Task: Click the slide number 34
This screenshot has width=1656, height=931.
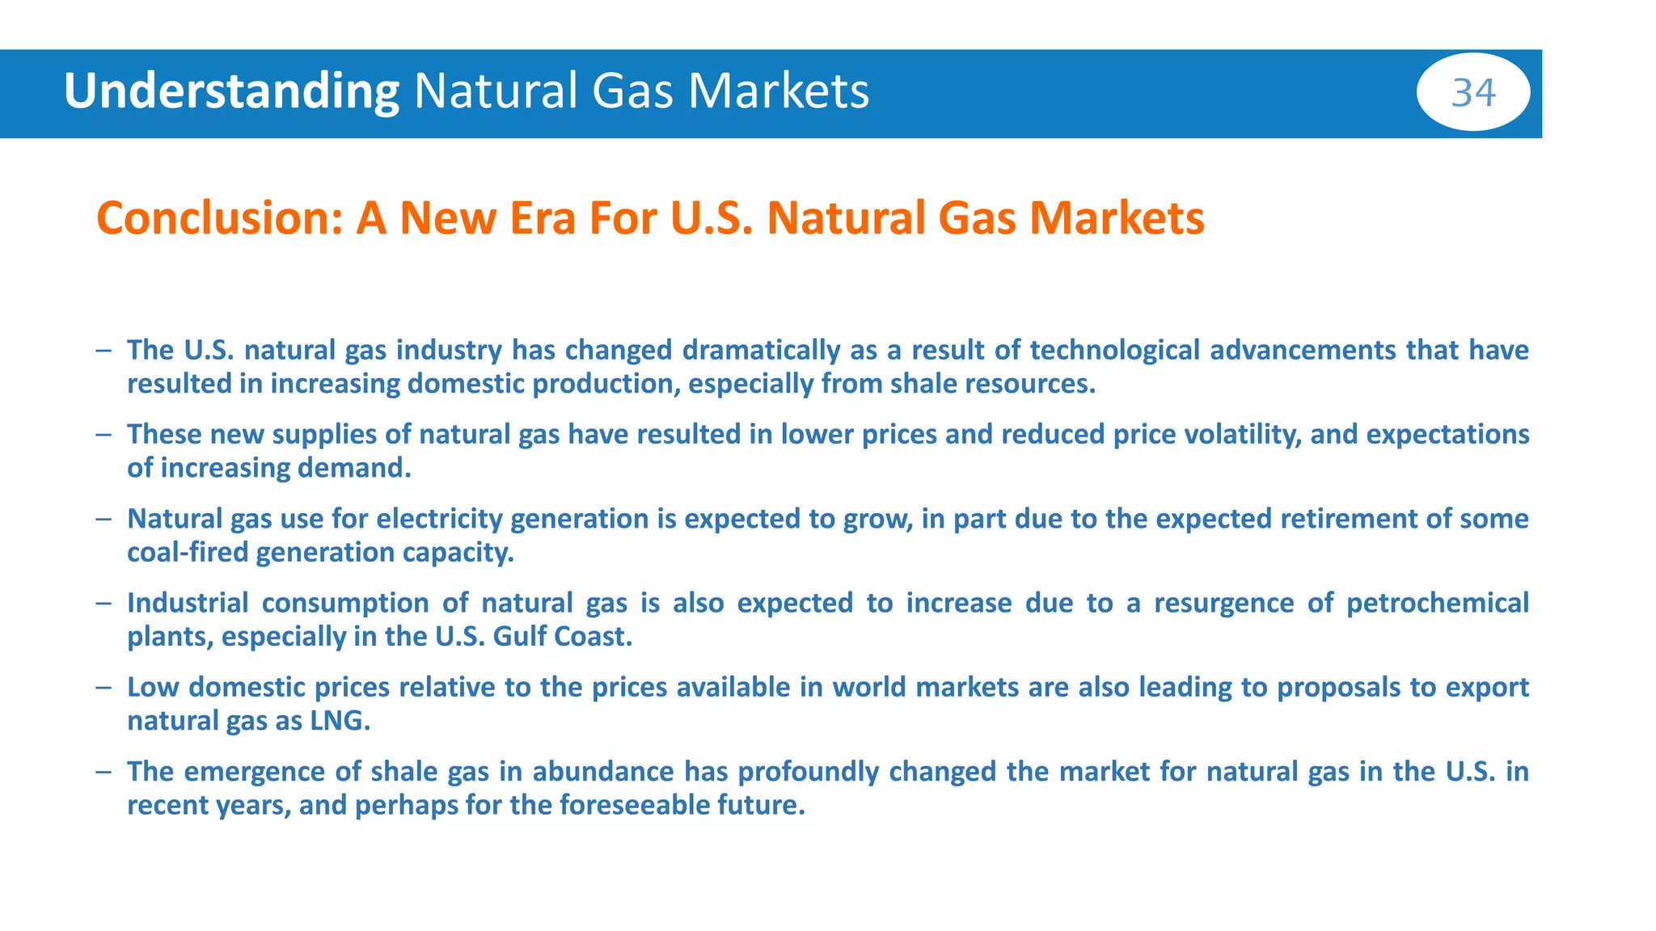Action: pyautogui.click(x=1473, y=92)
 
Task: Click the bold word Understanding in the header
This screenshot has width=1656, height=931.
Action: pyautogui.click(x=231, y=91)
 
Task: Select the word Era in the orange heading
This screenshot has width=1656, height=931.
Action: pyautogui.click(x=539, y=219)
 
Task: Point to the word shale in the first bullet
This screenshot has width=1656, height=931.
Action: pyautogui.click(x=922, y=384)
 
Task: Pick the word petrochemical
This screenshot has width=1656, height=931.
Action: pyautogui.click(x=1437, y=603)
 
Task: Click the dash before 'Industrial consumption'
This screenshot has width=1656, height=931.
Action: pyautogui.click(x=103, y=603)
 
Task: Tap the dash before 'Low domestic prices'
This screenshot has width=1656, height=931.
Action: pyautogui.click(x=103, y=687)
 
